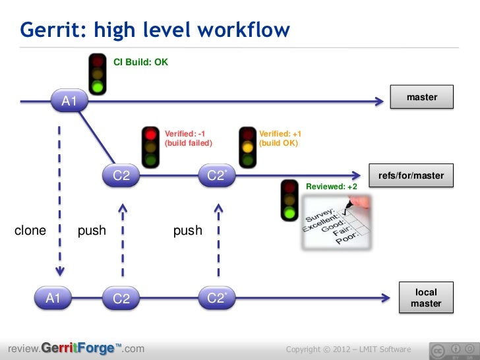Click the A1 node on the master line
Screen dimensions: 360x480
coord(69,101)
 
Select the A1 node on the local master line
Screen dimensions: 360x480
coord(53,298)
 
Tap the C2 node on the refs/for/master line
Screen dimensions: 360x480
coord(121,175)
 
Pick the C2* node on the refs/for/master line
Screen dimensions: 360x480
coord(216,175)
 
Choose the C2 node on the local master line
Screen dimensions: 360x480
coord(121,298)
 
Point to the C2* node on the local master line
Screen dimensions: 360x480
coord(216,298)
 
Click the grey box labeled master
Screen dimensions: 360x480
coord(422,97)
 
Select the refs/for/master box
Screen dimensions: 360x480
coord(411,176)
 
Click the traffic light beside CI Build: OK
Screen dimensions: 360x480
coord(98,73)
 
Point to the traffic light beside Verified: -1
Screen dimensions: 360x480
coord(151,146)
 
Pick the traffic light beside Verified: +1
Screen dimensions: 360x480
coord(247,146)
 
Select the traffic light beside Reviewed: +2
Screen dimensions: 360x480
coord(290,198)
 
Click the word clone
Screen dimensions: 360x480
coord(30,230)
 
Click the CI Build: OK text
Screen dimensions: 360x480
coord(141,63)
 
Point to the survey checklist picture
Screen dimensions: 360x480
coord(337,225)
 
